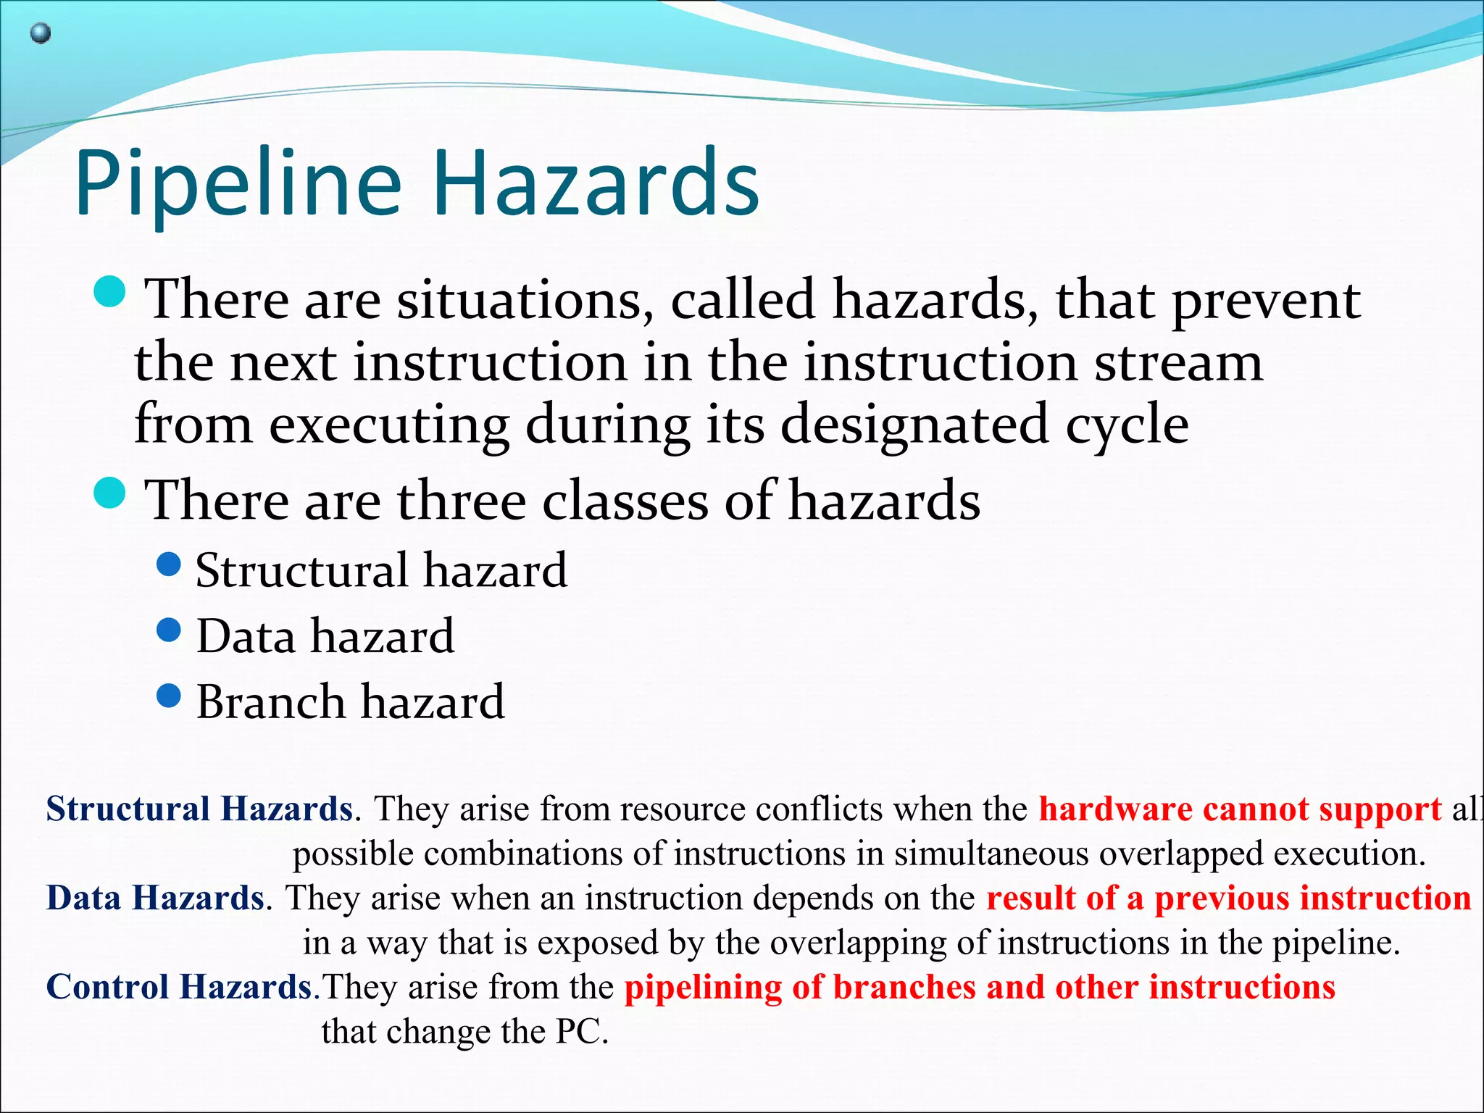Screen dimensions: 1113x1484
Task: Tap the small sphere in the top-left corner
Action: click(x=41, y=33)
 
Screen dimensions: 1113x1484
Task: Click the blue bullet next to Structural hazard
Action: click(x=169, y=564)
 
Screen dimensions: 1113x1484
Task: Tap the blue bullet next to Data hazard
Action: click(x=169, y=630)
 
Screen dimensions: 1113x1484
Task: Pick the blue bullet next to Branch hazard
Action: click(x=169, y=696)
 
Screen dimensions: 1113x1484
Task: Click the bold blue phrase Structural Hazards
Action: click(x=199, y=809)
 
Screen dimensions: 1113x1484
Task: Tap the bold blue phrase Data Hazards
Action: click(x=155, y=898)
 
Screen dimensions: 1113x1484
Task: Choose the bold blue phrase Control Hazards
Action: click(x=179, y=987)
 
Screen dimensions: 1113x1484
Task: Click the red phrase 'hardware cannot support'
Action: click(x=1240, y=809)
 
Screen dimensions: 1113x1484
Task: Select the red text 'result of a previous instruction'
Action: click(x=1228, y=898)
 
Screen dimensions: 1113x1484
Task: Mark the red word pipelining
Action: click(x=703, y=987)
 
